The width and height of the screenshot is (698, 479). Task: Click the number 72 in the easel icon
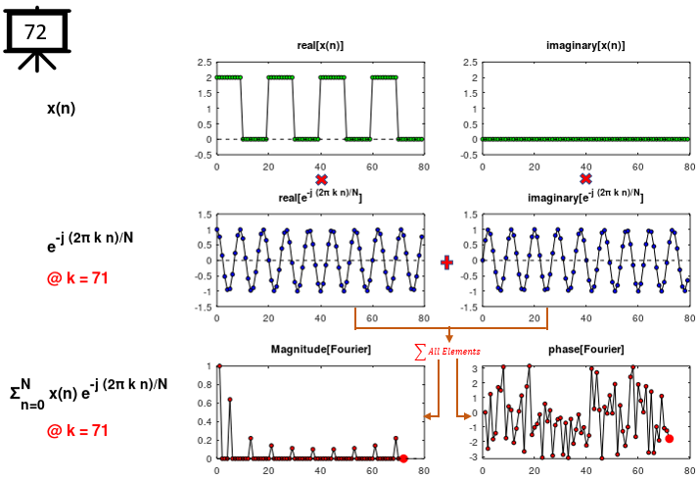pos(35,32)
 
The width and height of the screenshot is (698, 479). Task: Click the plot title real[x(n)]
pos(320,46)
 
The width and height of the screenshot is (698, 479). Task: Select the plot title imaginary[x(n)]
pos(585,46)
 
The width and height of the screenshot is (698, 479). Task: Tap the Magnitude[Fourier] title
pos(320,350)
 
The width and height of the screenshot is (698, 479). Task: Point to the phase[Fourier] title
pos(585,350)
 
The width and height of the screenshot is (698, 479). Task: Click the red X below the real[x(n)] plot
pos(320,179)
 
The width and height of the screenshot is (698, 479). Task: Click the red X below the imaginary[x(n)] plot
pos(585,179)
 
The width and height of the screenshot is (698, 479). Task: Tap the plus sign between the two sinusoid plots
pos(447,263)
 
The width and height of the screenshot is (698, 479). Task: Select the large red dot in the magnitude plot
pos(403,458)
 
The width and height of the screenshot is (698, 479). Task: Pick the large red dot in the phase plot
pos(670,439)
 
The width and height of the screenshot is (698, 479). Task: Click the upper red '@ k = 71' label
pos(77,278)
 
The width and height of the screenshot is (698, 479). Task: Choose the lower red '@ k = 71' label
pos(77,430)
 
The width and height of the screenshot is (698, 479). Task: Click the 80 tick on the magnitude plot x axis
pos(423,470)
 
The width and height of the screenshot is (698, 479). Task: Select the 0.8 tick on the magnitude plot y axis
pos(207,385)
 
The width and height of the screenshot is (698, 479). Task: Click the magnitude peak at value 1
pos(219,365)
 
